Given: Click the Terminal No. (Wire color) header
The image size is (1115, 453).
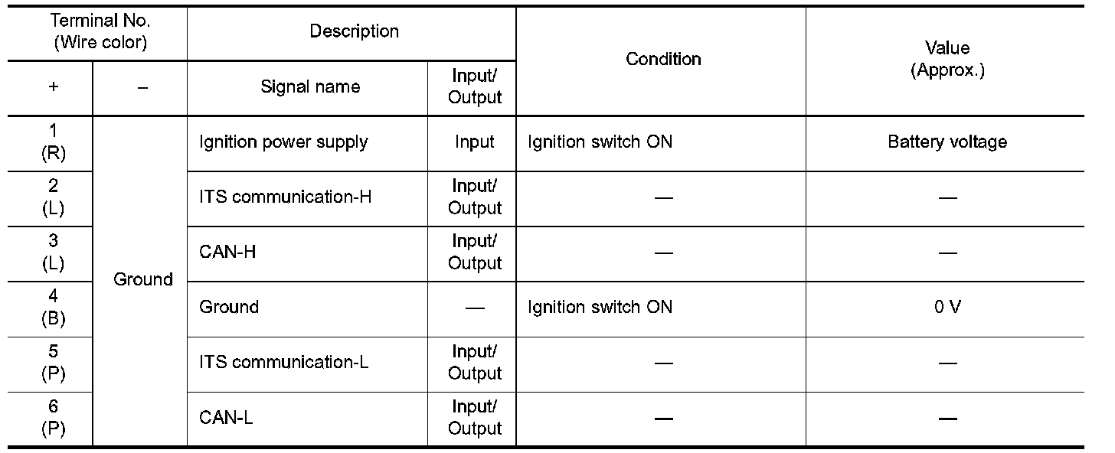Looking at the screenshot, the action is pyautogui.click(x=100, y=32).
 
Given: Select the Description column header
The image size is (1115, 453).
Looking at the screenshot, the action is pyautogui.click(x=354, y=31).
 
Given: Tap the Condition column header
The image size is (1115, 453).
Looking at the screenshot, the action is pyautogui.click(x=663, y=59).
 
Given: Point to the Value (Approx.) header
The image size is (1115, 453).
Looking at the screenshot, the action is pyautogui.click(x=947, y=59).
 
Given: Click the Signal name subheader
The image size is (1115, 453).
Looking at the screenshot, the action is pyautogui.click(x=310, y=87).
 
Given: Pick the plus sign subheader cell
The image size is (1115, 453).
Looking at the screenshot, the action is pyautogui.click(x=53, y=87).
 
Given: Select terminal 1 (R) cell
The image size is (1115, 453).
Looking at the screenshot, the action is pyautogui.click(x=53, y=142).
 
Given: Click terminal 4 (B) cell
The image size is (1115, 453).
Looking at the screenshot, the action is pyautogui.click(x=53, y=308).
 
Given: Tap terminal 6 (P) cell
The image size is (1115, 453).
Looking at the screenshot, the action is pyautogui.click(x=53, y=418).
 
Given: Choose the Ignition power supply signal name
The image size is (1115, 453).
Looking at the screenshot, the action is pyautogui.click(x=283, y=142).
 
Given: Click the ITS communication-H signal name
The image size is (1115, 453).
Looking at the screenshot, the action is pyautogui.click(x=286, y=197).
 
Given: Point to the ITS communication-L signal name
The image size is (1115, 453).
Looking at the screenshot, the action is pyautogui.click(x=284, y=362).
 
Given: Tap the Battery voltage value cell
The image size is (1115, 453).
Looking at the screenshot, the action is pyautogui.click(x=947, y=142).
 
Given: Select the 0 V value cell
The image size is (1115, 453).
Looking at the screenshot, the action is pyautogui.click(x=947, y=307).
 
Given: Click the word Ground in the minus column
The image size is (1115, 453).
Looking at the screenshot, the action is pyautogui.click(x=143, y=279).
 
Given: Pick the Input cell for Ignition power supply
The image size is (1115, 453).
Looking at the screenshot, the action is pyautogui.click(x=474, y=142).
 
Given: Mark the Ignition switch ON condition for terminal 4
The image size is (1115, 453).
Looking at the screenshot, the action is pyautogui.click(x=600, y=307).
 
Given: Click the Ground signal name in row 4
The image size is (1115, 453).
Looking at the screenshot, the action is pyautogui.click(x=229, y=307).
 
